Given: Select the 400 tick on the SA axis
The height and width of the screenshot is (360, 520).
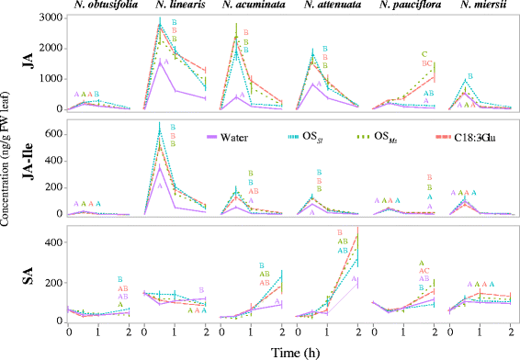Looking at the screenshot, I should [54, 242].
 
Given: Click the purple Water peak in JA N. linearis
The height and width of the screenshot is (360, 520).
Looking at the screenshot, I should [163, 61].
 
